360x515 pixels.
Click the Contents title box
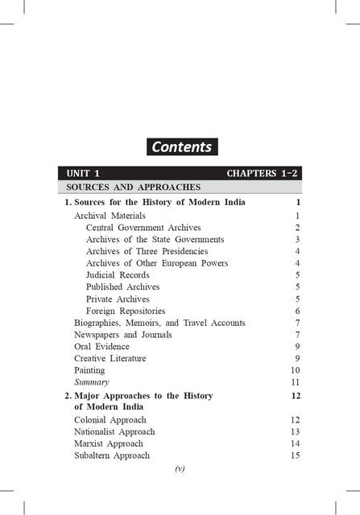tap(180, 146)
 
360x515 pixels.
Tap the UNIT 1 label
tap(83, 173)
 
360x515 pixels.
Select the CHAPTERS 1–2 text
tap(263, 173)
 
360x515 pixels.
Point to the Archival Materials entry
tap(110, 216)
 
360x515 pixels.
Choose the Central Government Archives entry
tap(143, 228)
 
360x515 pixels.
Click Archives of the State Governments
tap(155, 240)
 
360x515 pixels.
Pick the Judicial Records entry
tap(118, 275)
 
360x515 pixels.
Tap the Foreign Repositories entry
tap(126, 311)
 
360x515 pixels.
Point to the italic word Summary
tap(91, 382)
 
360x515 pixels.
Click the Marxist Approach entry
tap(108, 443)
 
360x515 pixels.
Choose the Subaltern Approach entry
tap(111, 455)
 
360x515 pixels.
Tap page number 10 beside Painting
tap(295, 370)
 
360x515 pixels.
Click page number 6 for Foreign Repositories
tap(297, 311)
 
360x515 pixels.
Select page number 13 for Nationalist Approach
tap(295, 431)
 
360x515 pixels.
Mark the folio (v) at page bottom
tap(180, 469)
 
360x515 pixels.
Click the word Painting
tap(89, 370)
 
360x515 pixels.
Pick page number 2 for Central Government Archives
tap(297, 228)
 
